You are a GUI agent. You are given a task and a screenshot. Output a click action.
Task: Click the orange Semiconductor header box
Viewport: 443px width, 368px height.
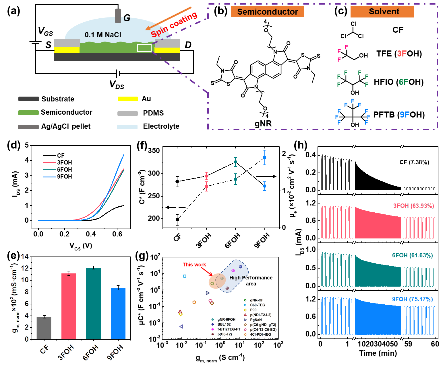[x=267, y=12]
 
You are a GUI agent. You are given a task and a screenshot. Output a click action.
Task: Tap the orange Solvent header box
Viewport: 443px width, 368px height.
[x=382, y=12]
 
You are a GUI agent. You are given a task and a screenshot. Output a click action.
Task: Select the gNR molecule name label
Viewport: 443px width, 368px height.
[x=263, y=123]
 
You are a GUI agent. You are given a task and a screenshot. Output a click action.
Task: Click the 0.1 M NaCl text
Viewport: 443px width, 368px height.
[x=103, y=35]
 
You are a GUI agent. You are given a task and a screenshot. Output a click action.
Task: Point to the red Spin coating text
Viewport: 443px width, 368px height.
[x=174, y=25]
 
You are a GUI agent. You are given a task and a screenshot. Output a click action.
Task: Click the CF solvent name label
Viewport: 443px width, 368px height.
[x=398, y=30]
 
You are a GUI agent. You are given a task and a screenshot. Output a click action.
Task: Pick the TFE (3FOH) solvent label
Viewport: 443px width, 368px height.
[x=399, y=54]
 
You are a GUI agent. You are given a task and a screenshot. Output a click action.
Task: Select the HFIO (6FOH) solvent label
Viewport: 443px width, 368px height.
[x=398, y=82]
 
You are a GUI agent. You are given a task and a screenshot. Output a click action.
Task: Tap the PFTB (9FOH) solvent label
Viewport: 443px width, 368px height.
[x=399, y=115]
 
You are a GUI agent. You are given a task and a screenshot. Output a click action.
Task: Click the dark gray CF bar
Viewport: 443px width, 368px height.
[x=44, y=328]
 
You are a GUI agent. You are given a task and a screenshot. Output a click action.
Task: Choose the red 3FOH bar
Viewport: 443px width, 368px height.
[x=69, y=306]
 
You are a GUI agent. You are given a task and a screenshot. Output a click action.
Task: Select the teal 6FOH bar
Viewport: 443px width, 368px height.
[x=93, y=303]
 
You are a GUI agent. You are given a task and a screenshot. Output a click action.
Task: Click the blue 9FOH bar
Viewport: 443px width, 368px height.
[x=118, y=313]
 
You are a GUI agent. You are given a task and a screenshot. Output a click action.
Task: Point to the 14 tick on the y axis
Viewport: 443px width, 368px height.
[x=25, y=256]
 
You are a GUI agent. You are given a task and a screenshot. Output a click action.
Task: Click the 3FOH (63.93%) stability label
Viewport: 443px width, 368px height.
[x=413, y=206]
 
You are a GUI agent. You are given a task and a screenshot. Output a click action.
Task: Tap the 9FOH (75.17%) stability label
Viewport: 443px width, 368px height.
[x=412, y=299]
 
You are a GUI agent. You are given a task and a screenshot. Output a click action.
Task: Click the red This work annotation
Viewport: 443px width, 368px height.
[x=194, y=265]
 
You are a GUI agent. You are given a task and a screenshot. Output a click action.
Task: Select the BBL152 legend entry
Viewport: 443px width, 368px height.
[x=224, y=324]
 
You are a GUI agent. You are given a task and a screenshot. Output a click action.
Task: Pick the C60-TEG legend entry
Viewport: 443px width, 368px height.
[x=257, y=305]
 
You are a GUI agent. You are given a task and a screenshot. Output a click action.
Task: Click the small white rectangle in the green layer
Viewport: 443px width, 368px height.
[x=144, y=48]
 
